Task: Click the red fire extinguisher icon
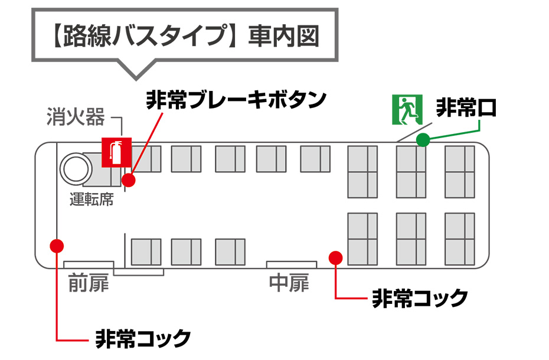(116, 152)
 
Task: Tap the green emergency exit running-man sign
(405, 109)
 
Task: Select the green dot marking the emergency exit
(423, 140)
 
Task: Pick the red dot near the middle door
(336, 257)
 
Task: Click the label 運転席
(91, 199)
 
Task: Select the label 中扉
(289, 283)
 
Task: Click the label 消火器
(76, 117)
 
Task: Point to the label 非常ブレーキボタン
(236, 99)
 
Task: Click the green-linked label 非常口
(466, 108)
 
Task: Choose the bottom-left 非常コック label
(143, 339)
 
